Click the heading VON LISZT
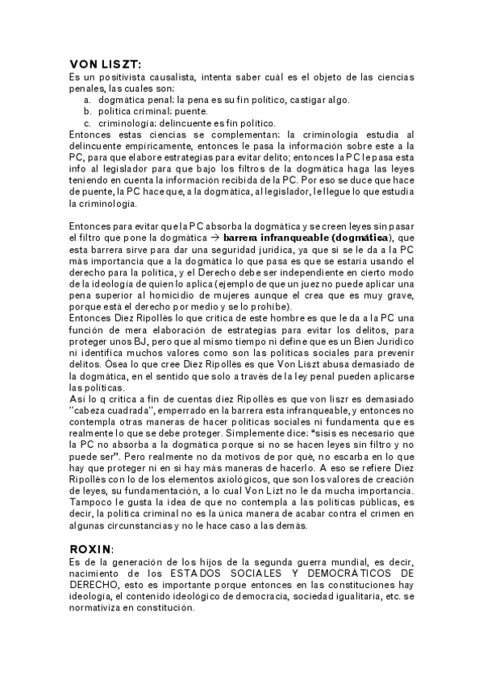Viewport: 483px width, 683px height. click(106, 64)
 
